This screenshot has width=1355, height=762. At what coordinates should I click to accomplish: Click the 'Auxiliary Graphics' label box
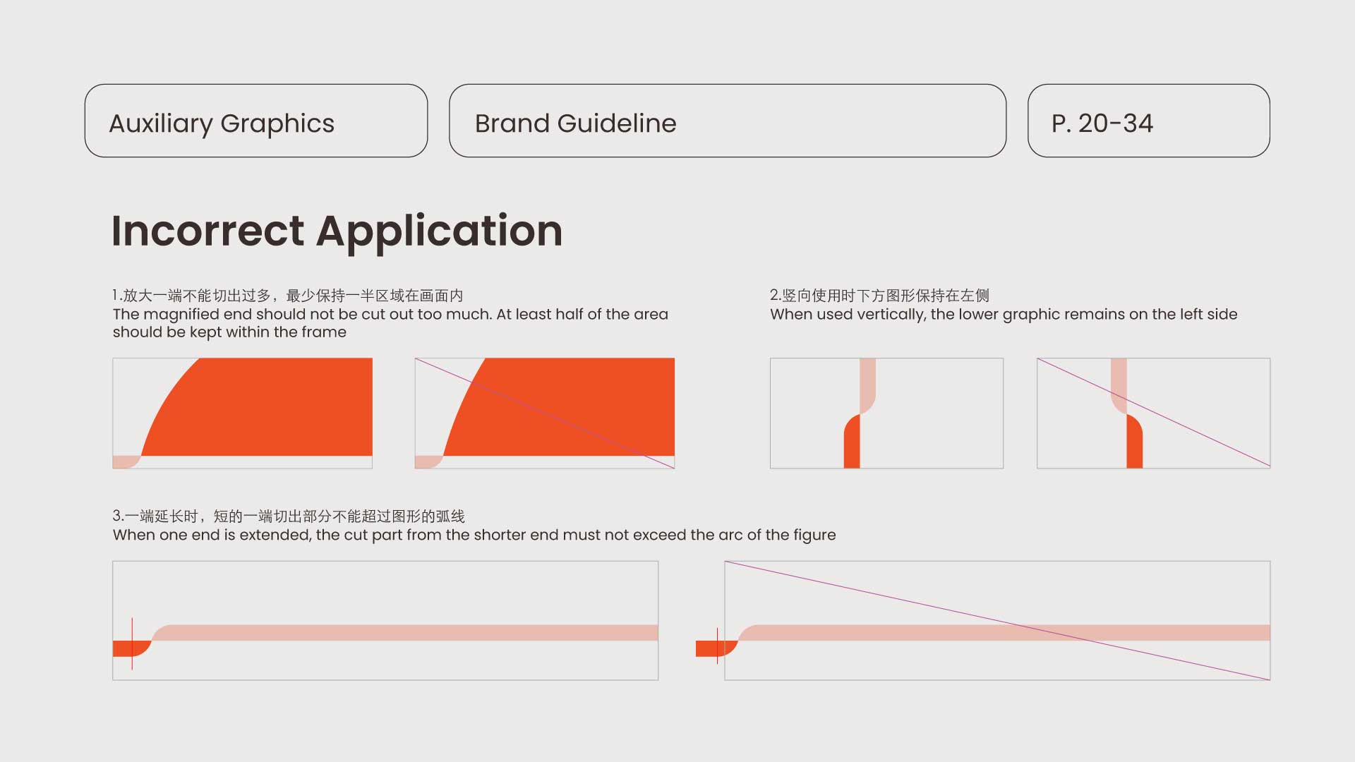256,121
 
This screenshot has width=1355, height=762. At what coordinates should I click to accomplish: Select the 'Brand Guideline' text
575,123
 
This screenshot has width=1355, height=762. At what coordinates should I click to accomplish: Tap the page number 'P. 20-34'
1102,123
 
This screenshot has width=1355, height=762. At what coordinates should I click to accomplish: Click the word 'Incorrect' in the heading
208,231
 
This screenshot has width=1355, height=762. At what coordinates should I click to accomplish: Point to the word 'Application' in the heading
439,233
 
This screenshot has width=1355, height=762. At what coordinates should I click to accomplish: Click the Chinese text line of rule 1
288,296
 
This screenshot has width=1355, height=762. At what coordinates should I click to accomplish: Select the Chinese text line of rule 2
879,296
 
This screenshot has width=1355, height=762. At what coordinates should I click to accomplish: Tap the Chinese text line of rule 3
289,516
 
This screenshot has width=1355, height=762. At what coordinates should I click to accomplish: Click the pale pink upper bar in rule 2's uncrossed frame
868,385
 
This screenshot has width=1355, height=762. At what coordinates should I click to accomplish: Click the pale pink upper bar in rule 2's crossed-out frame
1119,385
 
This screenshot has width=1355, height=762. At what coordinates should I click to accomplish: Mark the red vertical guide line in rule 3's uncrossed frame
132,643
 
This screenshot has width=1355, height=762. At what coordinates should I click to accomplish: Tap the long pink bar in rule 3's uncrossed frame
406,632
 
